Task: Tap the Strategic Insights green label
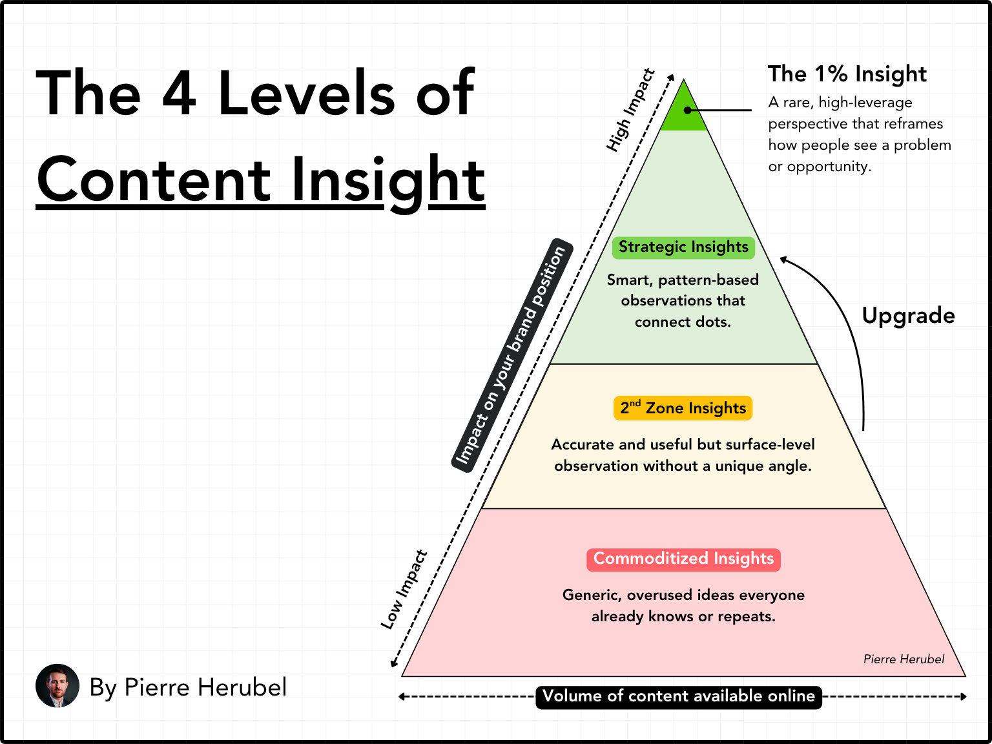683,247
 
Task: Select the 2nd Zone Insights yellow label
683,408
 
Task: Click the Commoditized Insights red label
683,559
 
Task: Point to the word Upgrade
908,316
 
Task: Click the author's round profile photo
57,686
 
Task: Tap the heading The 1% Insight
847,74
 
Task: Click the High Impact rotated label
630,110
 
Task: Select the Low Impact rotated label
404,590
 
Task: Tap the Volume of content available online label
679,696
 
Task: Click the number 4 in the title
179,94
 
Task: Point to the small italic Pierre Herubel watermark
904,659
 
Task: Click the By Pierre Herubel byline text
188,687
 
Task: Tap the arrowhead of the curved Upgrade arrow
783,260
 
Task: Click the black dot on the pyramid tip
688,110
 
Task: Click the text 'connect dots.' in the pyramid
683,322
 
